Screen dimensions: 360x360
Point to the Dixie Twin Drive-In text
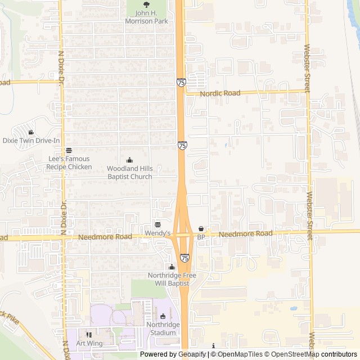pyautogui.click(x=31, y=141)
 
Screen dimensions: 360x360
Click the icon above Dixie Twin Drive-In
pyautogui.click(x=30, y=132)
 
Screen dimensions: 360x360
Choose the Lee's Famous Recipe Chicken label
pyautogui.click(x=69, y=163)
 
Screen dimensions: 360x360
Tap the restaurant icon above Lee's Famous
pyautogui.click(x=69, y=151)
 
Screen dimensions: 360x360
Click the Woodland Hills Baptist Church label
pyautogui.click(x=130, y=173)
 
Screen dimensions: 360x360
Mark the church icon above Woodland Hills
pyautogui.click(x=130, y=160)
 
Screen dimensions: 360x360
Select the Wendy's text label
pyautogui.click(x=158, y=233)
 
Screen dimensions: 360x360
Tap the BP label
pyautogui.click(x=201, y=238)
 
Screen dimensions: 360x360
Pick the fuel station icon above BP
pyautogui.click(x=201, y=229)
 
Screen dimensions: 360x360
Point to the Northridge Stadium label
pyautogui.click(x=163, y=328)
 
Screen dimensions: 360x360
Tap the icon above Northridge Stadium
pyautogui.click(x=163, y=317)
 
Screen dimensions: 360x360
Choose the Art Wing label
pyautogui.click(x=90, y=343)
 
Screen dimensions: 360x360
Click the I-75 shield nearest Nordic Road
pyautogui.click(x=181, y=83)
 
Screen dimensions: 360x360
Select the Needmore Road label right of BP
pyautogui.click(x=245, y=233)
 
